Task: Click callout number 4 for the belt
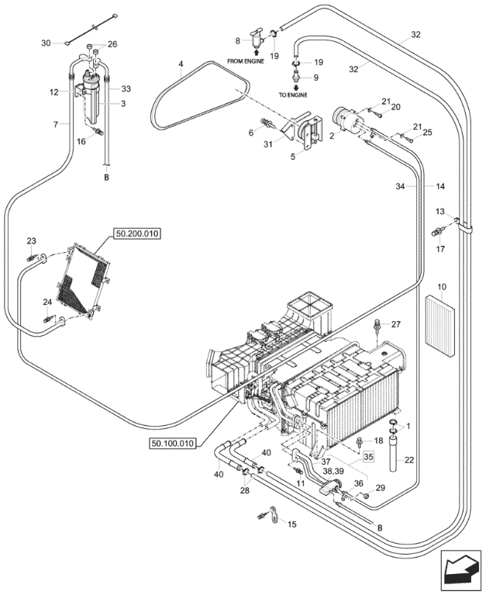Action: pos(180,64)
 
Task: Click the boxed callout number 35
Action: pos(368,457)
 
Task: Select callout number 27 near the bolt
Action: pos(395,324)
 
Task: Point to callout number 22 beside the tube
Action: pos(409,460)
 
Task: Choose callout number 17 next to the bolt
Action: pos(439,249)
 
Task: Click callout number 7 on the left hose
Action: pos(56,123)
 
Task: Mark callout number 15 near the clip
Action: pos(291,524)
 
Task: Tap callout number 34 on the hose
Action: pos(401,187)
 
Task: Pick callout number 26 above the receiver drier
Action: pos(112,44)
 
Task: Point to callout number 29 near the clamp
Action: pos(380,487)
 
